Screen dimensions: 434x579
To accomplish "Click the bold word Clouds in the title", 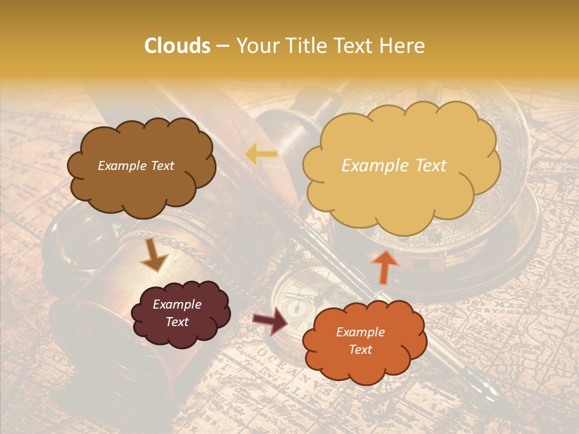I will tap(177, 46).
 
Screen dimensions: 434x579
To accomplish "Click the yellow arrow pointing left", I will tap(261, 155).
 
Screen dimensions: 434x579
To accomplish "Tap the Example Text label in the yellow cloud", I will tap(394, 166).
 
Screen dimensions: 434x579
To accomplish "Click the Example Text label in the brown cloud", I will tap(136, 166).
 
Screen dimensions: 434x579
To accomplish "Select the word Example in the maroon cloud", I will tap(177, 304).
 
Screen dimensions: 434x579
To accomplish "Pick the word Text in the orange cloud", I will tap(361, 350).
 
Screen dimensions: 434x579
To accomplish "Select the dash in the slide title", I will tap(223, 46).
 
